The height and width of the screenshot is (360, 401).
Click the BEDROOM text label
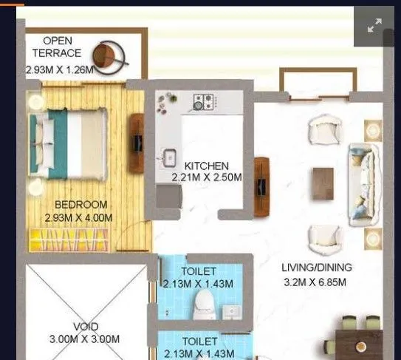tap(81, 205)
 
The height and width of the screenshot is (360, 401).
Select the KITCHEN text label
tap(207, 166)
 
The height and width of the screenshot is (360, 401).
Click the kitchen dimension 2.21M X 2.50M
tap(207, 177)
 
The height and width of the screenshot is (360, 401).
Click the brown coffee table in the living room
tap(323, 183)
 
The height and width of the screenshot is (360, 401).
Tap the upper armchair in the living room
tap(325, 131)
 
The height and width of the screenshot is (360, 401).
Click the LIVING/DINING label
tap(317, 268)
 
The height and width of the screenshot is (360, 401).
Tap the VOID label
tap(86, 327)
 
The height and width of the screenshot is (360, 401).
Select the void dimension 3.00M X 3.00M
tap(86, 339)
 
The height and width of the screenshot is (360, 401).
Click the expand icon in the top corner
tap(375, 26)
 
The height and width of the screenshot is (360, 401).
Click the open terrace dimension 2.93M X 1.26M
tap(61, 70)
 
